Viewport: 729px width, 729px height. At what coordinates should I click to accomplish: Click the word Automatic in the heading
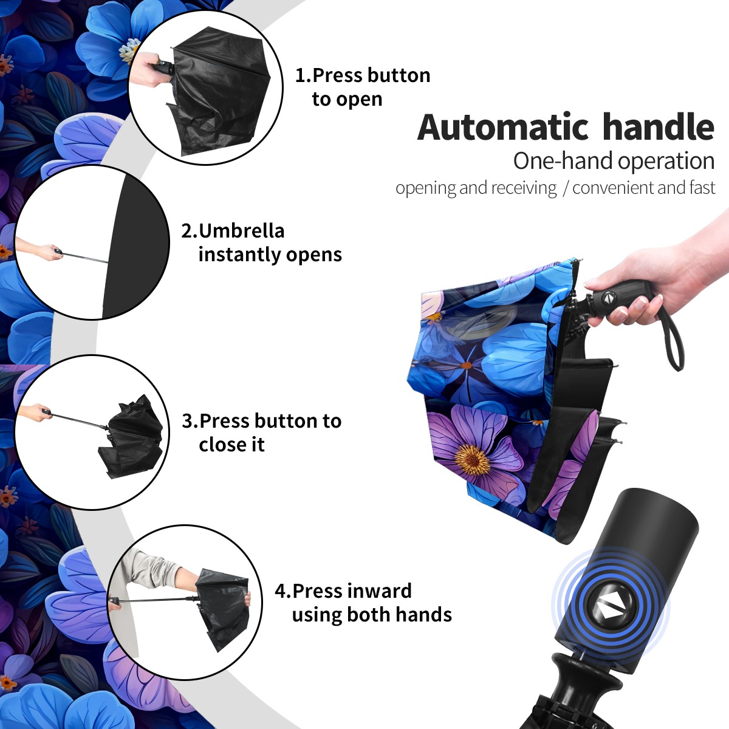tap(503, 127)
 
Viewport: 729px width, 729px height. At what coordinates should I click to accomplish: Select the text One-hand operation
tap(614, 161)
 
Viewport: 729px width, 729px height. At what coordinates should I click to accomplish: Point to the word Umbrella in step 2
tap(241, 231)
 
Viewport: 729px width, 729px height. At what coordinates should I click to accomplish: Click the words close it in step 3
tap(231, 444)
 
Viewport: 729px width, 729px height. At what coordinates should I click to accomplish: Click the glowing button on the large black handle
tap(609, 608)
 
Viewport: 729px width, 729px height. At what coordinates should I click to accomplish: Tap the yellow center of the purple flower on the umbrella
tap(473, 460)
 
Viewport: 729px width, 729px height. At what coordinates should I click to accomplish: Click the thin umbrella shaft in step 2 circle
tap(84, 257)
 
